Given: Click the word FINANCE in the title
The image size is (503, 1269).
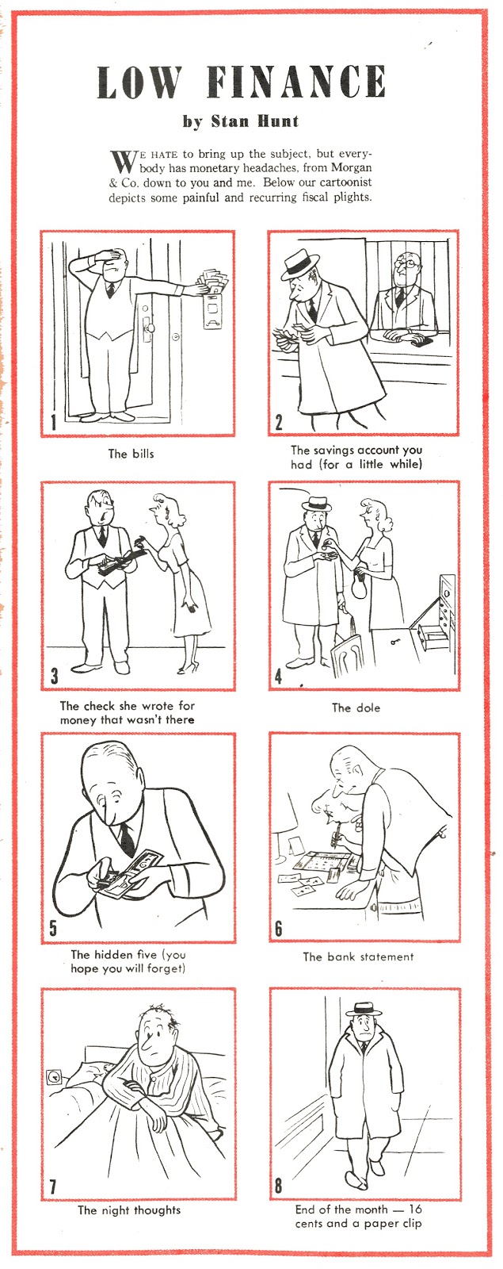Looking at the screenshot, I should point(297,82).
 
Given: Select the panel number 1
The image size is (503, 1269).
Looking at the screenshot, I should point(53,422).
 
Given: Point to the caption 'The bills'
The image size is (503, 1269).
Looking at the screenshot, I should point(131,454).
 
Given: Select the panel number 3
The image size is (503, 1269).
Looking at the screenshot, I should point(54,676).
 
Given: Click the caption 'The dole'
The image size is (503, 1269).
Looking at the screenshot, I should point(356,707).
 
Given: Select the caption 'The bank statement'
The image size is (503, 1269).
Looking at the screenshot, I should point(358,957).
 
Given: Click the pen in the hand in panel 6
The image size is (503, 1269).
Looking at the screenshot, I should point(337,833).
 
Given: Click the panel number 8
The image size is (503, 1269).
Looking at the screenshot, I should point(279,1186).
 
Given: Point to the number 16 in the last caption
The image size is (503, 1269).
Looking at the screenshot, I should point(415,1210).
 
